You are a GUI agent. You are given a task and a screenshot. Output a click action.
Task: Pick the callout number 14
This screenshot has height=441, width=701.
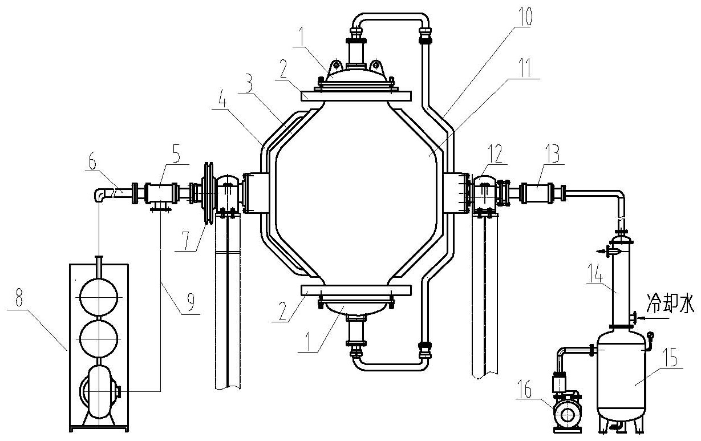[x=594, y=273]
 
